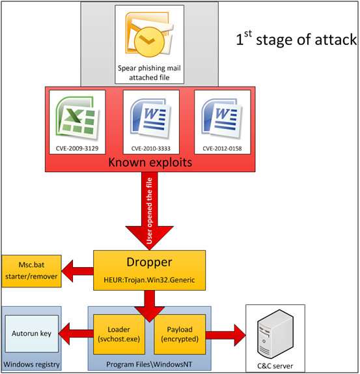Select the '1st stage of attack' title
(x=296, y=39)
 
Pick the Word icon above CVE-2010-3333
(x=150, y=117)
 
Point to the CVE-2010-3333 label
(x=150, y=149)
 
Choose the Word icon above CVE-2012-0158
(x=223, y=117)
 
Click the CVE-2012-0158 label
(x=223, y=149)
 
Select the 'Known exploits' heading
(x=149, y=162)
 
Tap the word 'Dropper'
(x=149, y=263)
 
